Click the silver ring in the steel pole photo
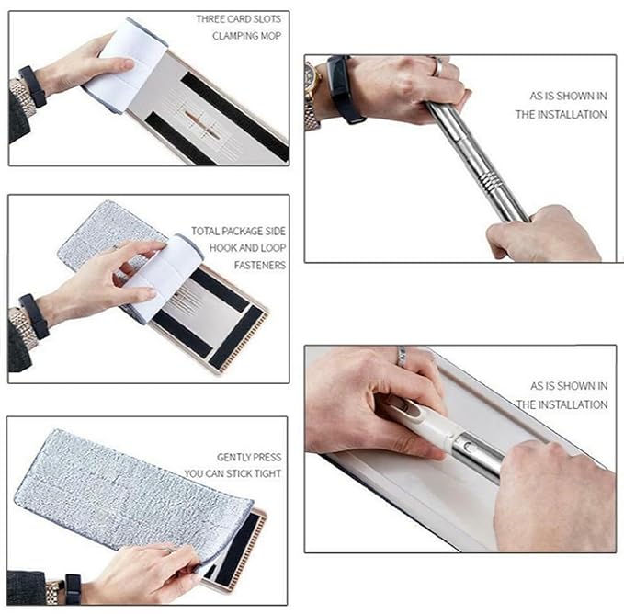point(438,66)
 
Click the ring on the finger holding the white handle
point(402,356)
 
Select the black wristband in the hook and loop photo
point(33,315)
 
